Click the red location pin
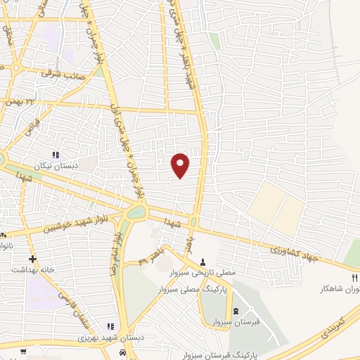coord(181,164)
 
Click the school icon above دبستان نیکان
coord(56,155)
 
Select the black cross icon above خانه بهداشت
coord(32,259)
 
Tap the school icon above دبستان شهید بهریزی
coord(110,326)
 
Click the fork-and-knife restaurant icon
coord(356,278)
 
